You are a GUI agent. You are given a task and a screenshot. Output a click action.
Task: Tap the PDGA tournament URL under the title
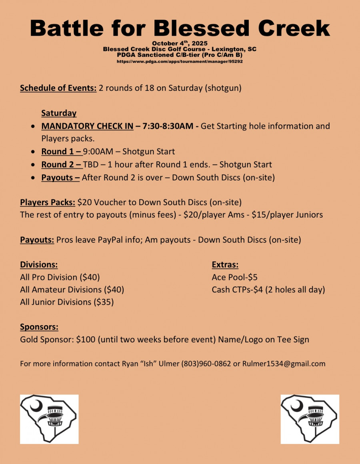coord(180,62)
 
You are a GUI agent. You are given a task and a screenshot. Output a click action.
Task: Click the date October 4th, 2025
coord(180,43)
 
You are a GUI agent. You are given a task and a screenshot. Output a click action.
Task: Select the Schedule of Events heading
coord(58,88)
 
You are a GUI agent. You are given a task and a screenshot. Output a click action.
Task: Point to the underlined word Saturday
coord(59,113)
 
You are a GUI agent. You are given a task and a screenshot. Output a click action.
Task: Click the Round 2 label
coord(61,164)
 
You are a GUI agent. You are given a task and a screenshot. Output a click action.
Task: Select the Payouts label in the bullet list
coord(60,177)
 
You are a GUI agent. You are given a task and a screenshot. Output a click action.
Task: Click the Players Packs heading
coord(48,202)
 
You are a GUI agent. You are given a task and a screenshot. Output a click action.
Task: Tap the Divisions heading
coord(39,264)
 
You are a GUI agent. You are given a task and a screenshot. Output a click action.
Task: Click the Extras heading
coord(225,264)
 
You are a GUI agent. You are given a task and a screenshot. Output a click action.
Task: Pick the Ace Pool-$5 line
coord(234,277)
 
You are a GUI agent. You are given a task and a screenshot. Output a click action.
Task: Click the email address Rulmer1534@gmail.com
coord(284,364)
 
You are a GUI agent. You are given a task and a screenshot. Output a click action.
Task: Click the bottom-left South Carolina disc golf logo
coord(49,419)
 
